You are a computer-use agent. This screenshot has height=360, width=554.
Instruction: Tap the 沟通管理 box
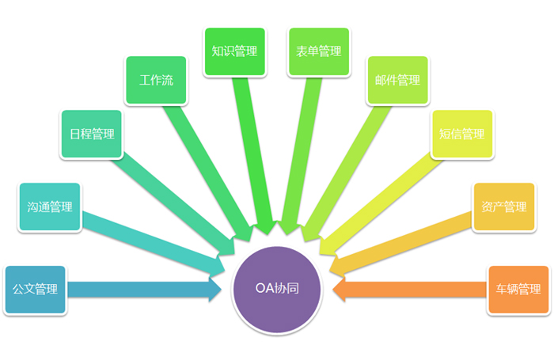point(50,207)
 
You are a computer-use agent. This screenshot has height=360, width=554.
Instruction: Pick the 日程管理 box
point(92,134)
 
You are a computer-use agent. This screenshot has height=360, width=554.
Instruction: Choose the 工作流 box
point(156,81)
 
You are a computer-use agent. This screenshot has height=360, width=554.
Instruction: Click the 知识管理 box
point(234,51)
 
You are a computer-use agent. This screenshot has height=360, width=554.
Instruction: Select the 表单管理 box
point(319,51)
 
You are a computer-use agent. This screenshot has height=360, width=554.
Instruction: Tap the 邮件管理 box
point(397,81)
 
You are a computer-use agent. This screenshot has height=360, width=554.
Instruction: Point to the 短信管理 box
point(461,134)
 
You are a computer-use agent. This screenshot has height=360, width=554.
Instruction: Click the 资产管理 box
point(503,207)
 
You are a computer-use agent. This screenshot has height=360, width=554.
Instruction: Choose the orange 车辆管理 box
point(518,290)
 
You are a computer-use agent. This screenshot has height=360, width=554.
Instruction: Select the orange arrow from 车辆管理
point(412,289)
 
